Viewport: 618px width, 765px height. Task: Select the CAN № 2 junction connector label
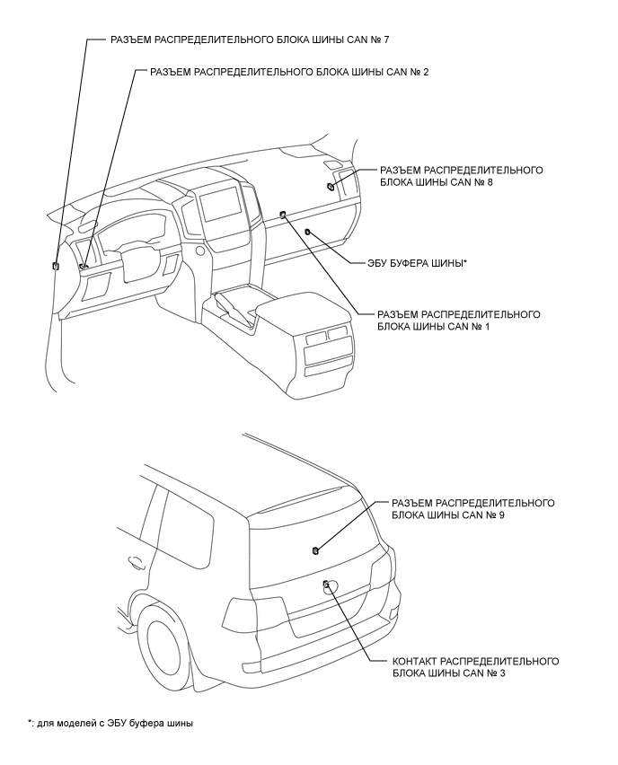click(x=289, y=72)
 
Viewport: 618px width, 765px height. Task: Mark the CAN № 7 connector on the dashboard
click(x=57, y=266)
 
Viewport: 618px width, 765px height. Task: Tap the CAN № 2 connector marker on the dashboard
click(x=83, y=266)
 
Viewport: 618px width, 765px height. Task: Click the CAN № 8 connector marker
click(x=332, y=187)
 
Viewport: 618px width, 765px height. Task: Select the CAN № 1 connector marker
click(x=283, y=214)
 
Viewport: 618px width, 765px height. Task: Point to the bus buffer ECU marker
click(x=308, y=232)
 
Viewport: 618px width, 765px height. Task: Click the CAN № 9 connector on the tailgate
click(x=315, y=550)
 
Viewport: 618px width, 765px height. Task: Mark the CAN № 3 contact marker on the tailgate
click(x=326, y=585)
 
